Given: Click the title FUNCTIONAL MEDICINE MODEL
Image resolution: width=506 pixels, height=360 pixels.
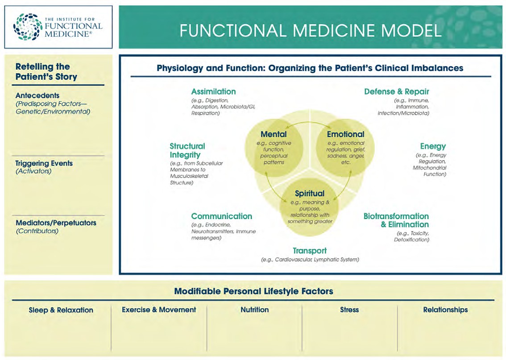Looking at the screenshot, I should click(x=311, y=30).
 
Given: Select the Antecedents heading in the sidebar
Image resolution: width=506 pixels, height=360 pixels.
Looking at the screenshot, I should click(x=37, y=95).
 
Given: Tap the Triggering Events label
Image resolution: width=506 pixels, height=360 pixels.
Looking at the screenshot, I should click(x=44, y=163).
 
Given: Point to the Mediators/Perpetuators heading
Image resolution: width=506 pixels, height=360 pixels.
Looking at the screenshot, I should click(x=55, y=223).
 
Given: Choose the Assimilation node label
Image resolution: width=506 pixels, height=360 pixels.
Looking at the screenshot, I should click(x=213, y=91).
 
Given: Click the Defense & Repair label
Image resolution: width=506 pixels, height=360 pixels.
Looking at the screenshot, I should click(x=396, y=91).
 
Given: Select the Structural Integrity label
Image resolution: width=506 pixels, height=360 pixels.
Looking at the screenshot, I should click(x=187, y=150).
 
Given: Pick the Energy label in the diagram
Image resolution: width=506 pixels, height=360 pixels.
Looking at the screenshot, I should click(x=433, y=146).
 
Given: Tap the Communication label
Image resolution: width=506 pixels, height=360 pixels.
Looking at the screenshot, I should click(x=221, y=216).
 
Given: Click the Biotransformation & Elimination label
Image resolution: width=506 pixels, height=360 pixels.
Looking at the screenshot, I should click(x=396, y=220).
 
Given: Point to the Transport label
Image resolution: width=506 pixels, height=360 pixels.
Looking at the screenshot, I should click(x=310, y=251).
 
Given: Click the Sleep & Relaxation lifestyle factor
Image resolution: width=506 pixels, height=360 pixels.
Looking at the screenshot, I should click(x=61, y=310).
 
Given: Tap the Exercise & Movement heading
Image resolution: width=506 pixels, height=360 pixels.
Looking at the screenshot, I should click(x=159, y=310).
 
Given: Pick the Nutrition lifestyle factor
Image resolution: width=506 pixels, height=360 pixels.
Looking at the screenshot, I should click(x=254, y=310).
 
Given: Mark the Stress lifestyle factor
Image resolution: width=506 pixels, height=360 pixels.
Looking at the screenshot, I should click(x=349, y=310).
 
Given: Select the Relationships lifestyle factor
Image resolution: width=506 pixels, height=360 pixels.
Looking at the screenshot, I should click(x=445, y=310).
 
